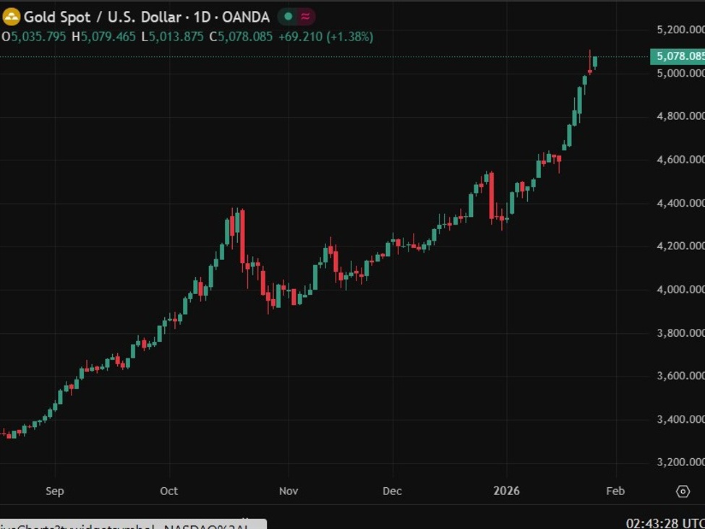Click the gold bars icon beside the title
[11, 17]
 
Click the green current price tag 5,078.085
[678, 56]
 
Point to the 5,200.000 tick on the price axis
[680, 30]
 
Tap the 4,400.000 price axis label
[680, 203]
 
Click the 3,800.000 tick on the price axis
[680, 333]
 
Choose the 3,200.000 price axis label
[680, 463]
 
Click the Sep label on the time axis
[55, 491]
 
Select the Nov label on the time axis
[289, 491]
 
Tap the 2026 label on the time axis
[506, 491]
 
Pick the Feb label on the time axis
[615, 491]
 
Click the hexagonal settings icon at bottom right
[683, 491]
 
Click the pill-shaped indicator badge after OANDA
[296, 17]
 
